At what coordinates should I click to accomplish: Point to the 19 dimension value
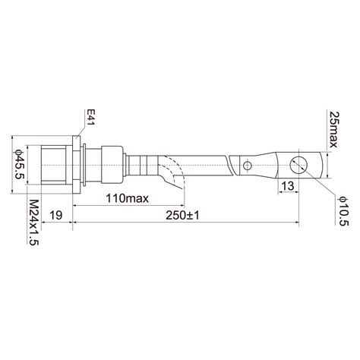tap(56, 215)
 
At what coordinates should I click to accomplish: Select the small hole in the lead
tap(246, 164)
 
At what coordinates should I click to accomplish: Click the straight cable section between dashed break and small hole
tap(209, 163)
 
